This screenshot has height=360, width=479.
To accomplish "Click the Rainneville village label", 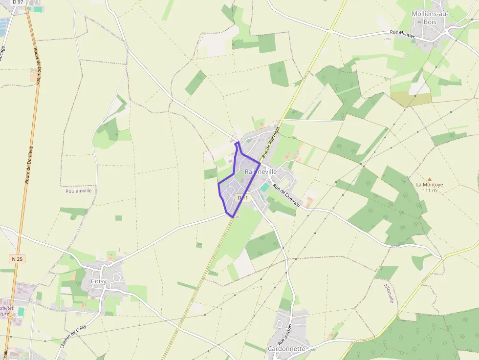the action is click(x=261, y=172).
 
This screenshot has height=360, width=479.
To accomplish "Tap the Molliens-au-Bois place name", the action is click(x=430, y=18).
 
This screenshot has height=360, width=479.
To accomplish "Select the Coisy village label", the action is click(x=99, y=281).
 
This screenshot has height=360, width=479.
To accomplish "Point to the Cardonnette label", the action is click(x=286, y=349).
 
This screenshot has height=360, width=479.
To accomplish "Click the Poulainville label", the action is click(x=78, y=191).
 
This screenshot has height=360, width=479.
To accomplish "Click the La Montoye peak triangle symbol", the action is click(x=430, y=179).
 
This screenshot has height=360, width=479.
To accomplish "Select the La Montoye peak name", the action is click(x=430, y=185).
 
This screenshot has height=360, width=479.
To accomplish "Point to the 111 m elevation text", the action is click(x=430, y=191).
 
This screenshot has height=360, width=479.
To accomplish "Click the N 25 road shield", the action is click(x=17, y=258).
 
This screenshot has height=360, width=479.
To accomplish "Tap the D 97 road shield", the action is click(x=18, y=2).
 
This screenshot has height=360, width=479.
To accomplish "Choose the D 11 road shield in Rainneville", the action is click(x=242, y=198).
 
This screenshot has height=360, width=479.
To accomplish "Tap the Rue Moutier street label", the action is click(x=402, y=34).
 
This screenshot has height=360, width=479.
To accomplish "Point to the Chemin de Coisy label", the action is click(x=73, y=336).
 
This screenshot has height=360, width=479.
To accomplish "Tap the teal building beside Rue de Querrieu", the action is click(x=264, y=187).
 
